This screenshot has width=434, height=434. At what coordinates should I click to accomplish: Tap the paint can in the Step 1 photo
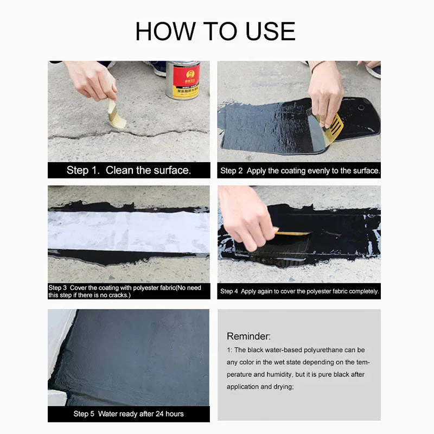(183, 80)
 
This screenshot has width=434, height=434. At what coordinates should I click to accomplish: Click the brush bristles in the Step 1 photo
(116, 120)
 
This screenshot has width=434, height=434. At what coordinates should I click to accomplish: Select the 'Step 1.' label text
(84, 170)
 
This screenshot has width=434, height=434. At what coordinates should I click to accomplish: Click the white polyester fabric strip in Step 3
(128, 231)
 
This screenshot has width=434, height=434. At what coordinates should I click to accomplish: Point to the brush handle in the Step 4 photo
(293, 233)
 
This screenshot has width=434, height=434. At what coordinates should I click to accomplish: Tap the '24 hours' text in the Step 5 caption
(168, 414)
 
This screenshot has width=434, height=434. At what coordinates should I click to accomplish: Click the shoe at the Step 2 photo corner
(373, 70)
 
